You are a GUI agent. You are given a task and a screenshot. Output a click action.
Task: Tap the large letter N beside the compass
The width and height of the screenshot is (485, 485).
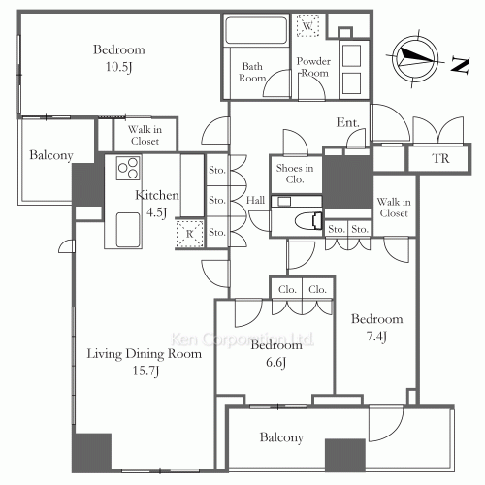click(461, 65)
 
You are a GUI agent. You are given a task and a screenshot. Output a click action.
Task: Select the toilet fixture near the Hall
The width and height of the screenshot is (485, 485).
click(308, 221)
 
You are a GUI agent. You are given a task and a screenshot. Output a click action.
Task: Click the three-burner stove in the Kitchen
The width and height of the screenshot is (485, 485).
click(128, 168)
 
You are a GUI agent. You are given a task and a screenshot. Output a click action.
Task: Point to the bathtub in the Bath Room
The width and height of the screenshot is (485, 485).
click(256, 30)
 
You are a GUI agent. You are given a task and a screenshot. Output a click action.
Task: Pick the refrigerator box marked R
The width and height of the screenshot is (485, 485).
click(189, 234)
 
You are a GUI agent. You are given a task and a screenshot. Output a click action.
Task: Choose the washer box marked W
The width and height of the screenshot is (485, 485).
click(307, 25)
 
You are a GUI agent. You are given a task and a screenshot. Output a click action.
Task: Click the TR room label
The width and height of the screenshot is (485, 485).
click(441, 159)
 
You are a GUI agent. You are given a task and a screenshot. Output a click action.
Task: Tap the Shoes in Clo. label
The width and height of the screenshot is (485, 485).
click(295, 174)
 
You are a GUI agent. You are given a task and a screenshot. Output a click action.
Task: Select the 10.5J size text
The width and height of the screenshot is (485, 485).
click(118, 67)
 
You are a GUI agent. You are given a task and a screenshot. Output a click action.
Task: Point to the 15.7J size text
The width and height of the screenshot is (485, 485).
click(145, 371)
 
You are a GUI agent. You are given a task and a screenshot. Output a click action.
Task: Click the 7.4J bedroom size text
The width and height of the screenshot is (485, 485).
click(376, 337)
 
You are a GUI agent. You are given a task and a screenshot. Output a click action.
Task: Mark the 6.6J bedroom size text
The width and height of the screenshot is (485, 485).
click(275, 362)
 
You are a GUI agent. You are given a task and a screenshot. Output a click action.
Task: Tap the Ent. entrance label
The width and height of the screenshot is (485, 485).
click(348, 122)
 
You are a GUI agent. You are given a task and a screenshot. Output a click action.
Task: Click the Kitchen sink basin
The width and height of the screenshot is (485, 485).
click(128, 230)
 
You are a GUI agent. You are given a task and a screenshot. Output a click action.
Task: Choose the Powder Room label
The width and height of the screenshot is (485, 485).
click(313, 67)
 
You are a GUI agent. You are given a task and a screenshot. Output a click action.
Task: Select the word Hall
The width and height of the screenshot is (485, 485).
click(255, 200)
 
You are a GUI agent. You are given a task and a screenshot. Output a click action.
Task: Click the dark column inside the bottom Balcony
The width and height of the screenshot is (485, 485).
click(345, 455)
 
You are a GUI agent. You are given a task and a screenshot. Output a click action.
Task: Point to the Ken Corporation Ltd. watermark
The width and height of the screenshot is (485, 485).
click(242, 339)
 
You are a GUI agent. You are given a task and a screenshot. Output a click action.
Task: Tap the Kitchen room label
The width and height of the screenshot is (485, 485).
click(157, 195)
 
